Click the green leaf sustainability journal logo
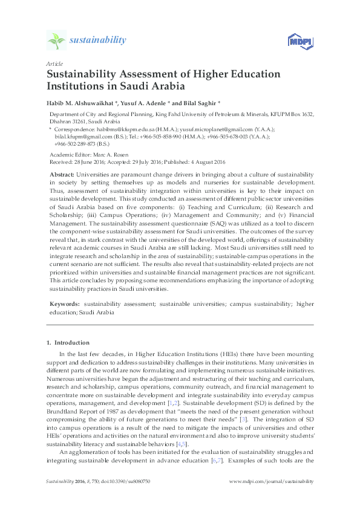[x=56, y=41]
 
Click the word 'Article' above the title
[x=53, y=63]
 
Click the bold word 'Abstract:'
[x=62, y=174]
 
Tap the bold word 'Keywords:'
[x=64, y=301]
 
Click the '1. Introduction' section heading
[x=68, y=343]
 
